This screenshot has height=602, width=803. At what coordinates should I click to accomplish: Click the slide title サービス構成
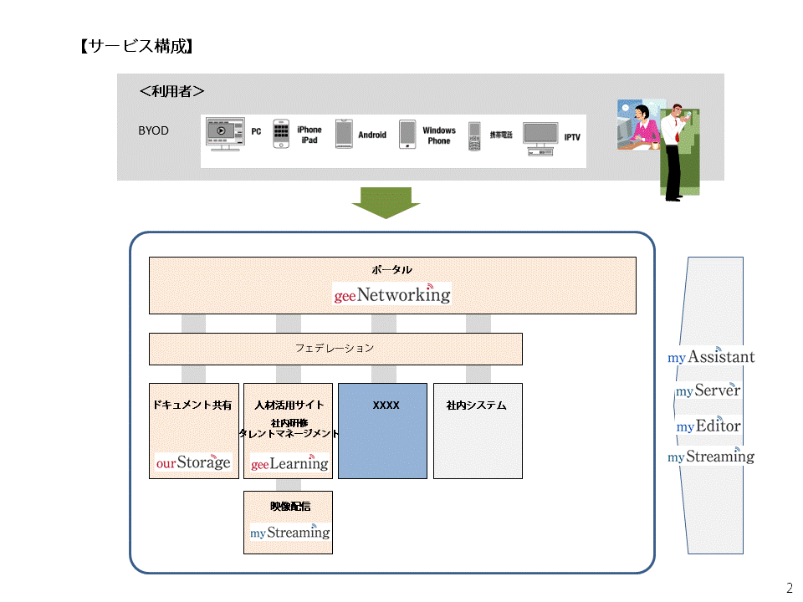tap(136, 47)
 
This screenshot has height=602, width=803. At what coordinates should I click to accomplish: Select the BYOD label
tap(153, 131)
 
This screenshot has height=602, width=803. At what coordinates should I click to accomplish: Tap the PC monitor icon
tap(225, 134)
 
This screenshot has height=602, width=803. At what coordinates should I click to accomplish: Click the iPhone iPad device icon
tap(282, 134)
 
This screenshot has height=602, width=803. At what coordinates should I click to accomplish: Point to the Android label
tap(372, 135)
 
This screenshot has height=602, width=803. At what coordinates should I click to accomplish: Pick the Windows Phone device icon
tap(407, 134)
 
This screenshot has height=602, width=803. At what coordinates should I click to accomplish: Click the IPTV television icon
tap(540, 138)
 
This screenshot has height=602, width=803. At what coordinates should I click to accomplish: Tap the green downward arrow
tap(386, 203)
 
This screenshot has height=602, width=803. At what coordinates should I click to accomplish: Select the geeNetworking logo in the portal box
tap(392, 294)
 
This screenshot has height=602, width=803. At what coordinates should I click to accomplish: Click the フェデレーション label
tap(335, 348)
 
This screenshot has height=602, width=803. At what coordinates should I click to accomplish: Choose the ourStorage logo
tap(193, 462)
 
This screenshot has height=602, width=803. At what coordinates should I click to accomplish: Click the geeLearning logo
tap(289, 462)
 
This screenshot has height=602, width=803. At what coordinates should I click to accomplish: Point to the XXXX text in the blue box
tap(386, 406)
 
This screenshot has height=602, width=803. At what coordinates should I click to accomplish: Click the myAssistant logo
tap(711, 357)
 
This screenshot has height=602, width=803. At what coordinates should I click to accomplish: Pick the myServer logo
tap(708, 390)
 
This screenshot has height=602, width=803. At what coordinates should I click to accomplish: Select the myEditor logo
tap(708, 426)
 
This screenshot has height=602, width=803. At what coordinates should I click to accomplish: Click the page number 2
tap(790, 587)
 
